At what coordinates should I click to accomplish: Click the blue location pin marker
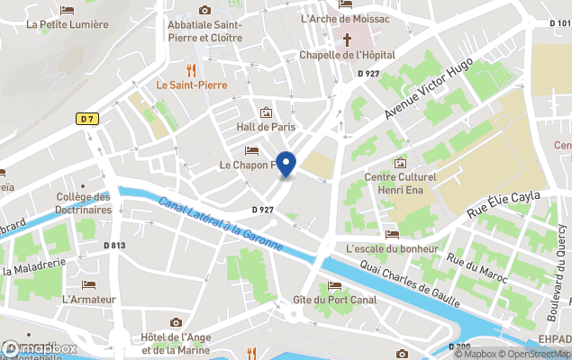click(x=286, y=165)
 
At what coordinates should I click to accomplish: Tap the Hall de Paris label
click(x=266, y=128)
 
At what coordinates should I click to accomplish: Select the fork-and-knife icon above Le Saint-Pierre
click(x=190, y=69)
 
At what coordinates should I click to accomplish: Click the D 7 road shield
click(x=86, y=119)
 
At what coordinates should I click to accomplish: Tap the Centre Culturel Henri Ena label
click(x=400, y=184)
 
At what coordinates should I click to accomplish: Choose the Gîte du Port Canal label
click(x=334, y=300)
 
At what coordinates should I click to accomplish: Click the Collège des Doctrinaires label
click(x=84, y=203)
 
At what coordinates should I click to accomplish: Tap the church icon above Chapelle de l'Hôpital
click(x=347, y=39)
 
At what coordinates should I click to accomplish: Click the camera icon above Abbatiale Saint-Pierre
click(x=204, y=9)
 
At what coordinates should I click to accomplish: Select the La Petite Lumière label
click(x=68, y=24)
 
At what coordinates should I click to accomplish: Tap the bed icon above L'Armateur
click(x=89, y=284)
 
